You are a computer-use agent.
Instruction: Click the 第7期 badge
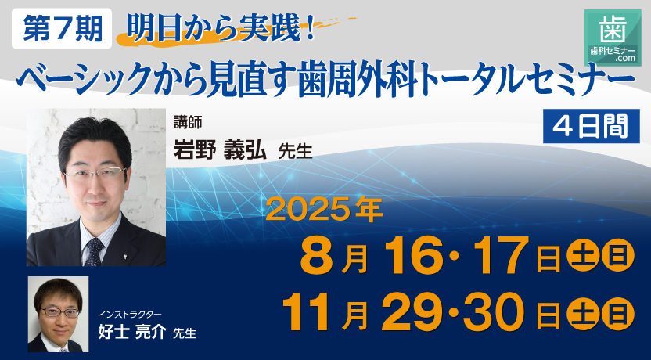point(63,29)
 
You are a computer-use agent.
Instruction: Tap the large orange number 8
point(316,255)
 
